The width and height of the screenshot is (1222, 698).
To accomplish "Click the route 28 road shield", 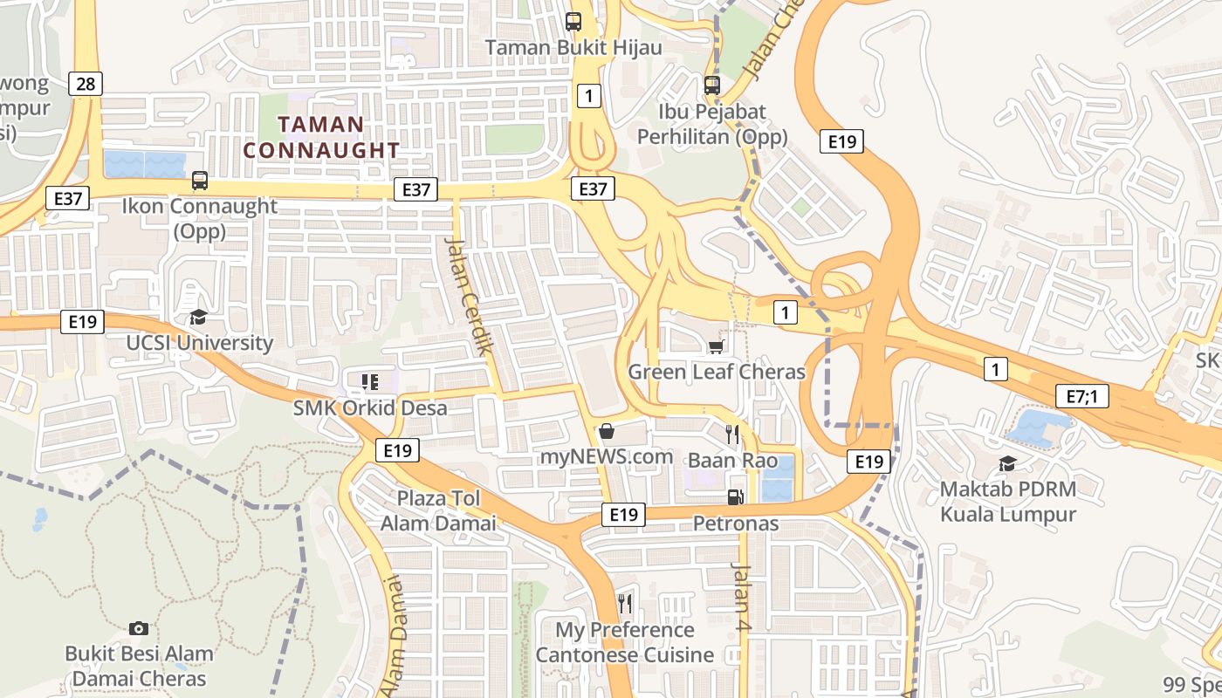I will (85, 84).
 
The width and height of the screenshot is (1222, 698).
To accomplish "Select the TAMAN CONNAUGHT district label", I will (321, 137).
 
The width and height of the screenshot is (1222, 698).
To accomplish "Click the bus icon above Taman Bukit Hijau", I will (573, 23).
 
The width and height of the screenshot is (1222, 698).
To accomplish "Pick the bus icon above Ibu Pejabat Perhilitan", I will (712, 86).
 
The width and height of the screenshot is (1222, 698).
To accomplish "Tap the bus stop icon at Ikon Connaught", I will (200, 181).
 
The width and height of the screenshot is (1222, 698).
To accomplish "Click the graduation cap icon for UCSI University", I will (199, 317).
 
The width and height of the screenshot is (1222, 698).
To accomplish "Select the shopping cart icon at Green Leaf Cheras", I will (717, 346).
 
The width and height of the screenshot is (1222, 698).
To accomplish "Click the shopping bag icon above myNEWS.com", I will (607, 431).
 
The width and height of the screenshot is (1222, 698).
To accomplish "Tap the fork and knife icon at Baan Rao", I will (732, 434).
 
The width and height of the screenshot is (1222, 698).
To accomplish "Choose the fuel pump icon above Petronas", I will (736, 497).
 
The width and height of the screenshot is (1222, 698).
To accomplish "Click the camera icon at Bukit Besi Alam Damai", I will (138, 628).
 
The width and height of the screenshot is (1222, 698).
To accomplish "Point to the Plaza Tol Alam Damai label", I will (438, 510).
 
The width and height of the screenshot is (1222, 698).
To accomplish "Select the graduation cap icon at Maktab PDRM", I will (1007, 463).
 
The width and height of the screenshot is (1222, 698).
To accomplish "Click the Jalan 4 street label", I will (740, 603).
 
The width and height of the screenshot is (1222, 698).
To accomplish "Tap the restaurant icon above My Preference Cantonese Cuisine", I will (624, 604).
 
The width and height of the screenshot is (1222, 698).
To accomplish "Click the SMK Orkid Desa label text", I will (370, 407).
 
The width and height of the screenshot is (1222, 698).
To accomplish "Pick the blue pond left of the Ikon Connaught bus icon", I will (144, 165).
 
